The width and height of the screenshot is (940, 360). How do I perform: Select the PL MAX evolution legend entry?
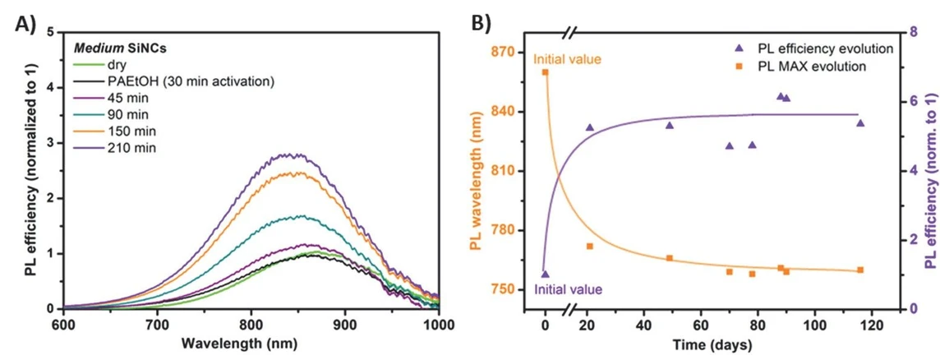point(807,66)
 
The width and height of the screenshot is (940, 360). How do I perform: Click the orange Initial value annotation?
point(567,59)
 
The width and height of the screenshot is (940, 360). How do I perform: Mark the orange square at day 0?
point(545,72)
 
